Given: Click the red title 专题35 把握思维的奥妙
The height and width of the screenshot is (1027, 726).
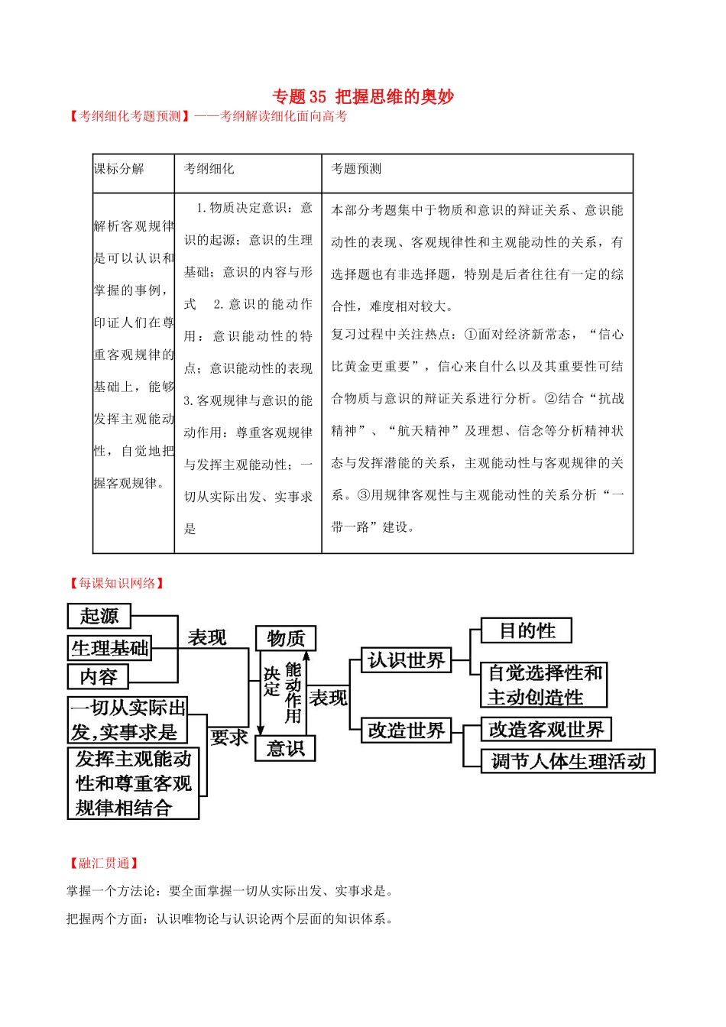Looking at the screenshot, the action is (363, 97).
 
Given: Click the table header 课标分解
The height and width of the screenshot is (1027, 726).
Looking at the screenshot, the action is (119, 169).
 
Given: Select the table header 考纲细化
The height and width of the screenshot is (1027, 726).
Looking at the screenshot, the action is (209, 169).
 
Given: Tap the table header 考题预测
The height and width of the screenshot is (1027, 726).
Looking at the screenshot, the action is (356, 169).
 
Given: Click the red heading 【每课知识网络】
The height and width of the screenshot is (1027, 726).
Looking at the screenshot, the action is (117, 583).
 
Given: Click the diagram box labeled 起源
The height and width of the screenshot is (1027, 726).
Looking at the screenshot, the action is (99, 616).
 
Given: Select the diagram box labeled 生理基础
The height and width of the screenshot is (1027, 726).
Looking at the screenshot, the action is (110, 648).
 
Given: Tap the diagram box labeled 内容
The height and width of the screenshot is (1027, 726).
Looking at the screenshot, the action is (99, 677).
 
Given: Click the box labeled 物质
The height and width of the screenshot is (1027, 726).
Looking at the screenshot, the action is (286, 638).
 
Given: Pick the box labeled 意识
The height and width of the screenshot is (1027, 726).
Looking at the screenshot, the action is (286, 748).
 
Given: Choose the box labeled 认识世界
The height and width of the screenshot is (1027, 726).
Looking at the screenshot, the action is (406, 660).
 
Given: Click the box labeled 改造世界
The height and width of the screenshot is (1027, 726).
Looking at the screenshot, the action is (406, 731).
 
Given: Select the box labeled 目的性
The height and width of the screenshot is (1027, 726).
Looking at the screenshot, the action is (527, 630).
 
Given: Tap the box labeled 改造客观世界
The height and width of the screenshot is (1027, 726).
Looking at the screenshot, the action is (546, 730).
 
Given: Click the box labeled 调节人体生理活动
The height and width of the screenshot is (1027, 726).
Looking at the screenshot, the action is (568, 761).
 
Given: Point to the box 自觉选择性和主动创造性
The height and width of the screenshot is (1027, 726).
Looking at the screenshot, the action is (544, 685).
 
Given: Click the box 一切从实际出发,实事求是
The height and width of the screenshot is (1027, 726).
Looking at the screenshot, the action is (128, 720).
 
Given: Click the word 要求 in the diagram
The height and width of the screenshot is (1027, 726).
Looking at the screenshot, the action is (229, 737).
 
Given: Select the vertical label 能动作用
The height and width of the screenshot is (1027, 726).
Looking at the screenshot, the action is (293, 692).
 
